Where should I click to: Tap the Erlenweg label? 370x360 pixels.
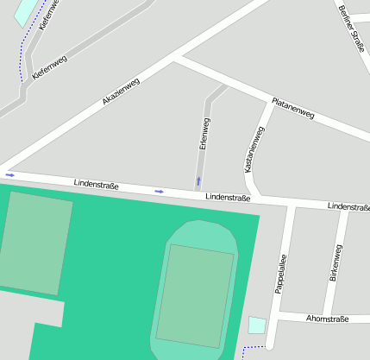(x=204, y=134)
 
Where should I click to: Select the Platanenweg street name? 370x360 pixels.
(x=293, y=108)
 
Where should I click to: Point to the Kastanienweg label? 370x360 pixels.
(x=254, y=150)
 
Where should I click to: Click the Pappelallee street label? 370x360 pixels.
(x=280, y=274)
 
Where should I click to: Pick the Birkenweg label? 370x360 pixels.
(x=336, y=263)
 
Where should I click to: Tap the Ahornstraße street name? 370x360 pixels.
(x=327, y=319)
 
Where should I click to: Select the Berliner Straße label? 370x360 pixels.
(x=352, y=28)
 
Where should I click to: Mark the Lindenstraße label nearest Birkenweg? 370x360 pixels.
(x=348, y=207)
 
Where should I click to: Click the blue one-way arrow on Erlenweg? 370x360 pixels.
(x=199, y=180)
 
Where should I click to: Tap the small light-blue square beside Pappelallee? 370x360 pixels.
(x=257, y=325)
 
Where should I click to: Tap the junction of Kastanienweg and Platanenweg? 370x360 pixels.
(x=267, y=101)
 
